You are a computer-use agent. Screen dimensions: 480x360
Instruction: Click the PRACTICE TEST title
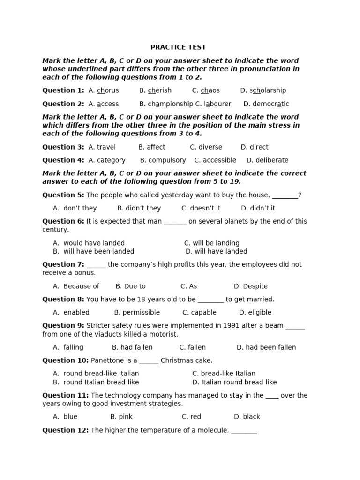(x=178, y=47)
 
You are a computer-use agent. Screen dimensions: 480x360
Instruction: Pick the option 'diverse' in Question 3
(x=210, y=147)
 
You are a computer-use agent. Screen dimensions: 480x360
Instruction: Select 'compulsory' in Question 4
(x=167, y=160)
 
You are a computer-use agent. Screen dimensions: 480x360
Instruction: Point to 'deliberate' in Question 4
(x=272, y=160)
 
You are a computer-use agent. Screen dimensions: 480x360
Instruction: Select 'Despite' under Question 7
(x=255, y=286)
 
